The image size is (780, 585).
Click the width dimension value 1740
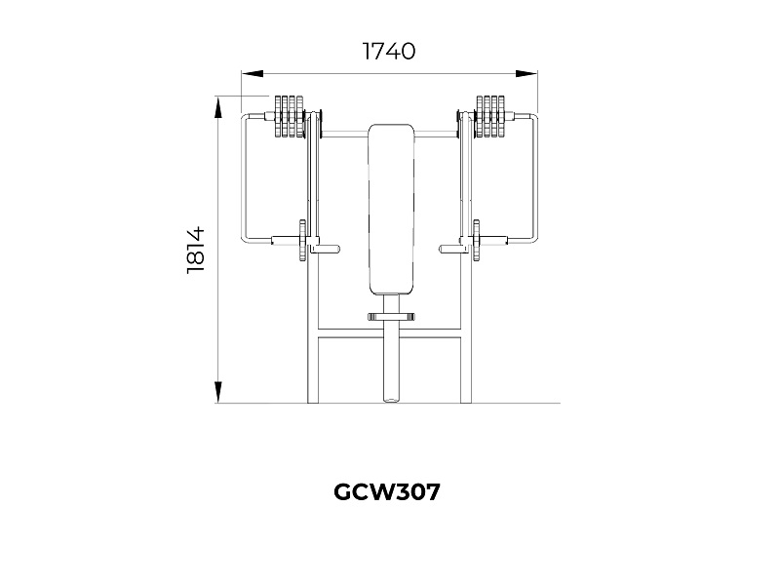point(389,51)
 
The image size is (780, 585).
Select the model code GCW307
point(387,492)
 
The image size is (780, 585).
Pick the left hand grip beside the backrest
point(327,249)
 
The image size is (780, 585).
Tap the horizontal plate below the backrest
point(391,316)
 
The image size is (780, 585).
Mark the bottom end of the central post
point(391,396)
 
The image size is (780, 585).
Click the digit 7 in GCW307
point(432,492)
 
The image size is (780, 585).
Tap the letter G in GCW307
point(343,492)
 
